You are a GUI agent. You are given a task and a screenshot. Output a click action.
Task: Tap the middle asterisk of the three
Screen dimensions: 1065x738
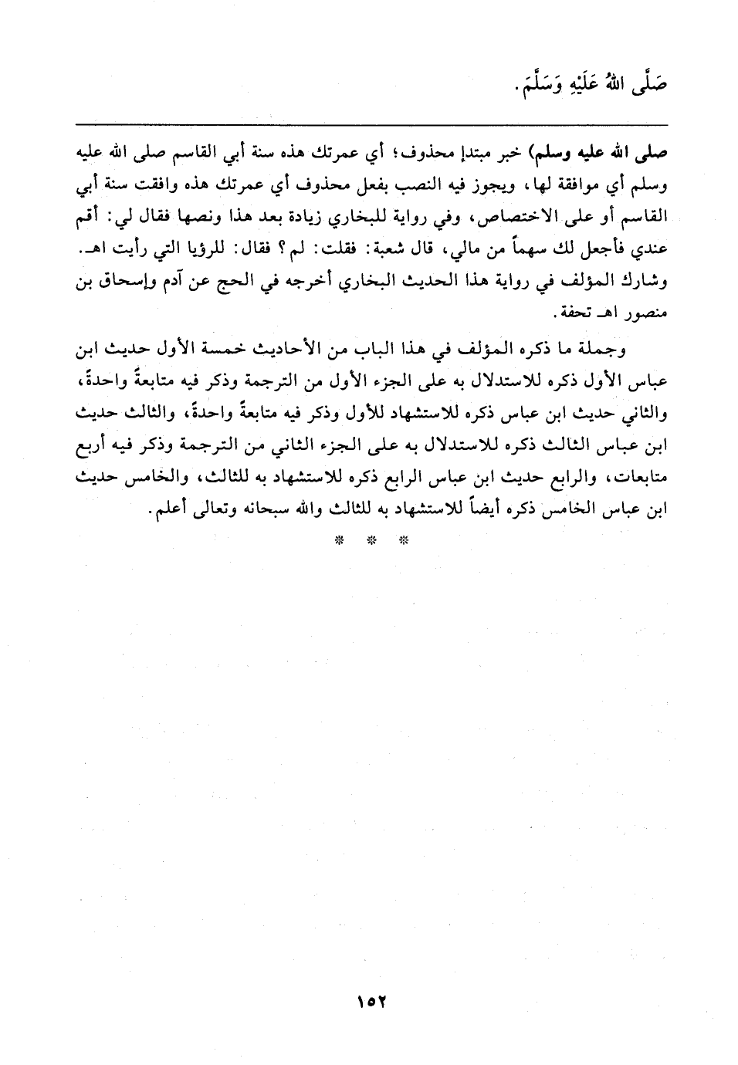tap(370, 540)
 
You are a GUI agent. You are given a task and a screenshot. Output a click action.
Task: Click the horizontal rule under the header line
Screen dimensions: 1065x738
tap(369, 124)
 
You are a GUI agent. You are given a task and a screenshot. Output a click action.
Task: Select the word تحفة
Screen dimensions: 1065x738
tap(576, 316)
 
